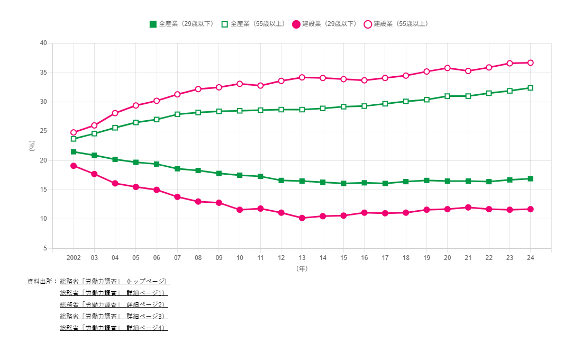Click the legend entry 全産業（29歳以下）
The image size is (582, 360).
click(x=181, y=24)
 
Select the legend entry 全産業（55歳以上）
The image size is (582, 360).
click(x=253, y=24)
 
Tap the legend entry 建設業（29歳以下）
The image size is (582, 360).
click(x=325, y=24)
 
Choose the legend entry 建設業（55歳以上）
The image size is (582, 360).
click(x=396, y=24)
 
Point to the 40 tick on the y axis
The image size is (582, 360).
click(x=43, y=43)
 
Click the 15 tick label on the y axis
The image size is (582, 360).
click(x=43, y=190)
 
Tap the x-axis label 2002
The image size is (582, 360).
click(x=74, y=257)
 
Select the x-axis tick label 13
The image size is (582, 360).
click(x=302, y=257)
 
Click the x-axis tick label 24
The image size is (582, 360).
click(x=530, y=257)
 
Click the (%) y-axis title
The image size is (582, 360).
click(x=32, y=146)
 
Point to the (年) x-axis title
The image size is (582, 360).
click(x=302, y=268)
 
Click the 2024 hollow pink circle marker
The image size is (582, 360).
click(x=530, y=62)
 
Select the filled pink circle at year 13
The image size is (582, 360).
click(x=302, y=218)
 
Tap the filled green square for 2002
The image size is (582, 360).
click(x=74, y=152)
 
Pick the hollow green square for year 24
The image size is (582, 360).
click(x=530, y=88)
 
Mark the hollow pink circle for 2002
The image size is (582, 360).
click(x=74, y=132)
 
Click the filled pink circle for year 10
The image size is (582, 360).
click(x=240, y=210)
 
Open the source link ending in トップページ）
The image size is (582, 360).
click(x=114, y=281)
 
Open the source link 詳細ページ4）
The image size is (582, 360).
click(x=114, y=328)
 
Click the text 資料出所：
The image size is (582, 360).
click(x=42, y=281)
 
